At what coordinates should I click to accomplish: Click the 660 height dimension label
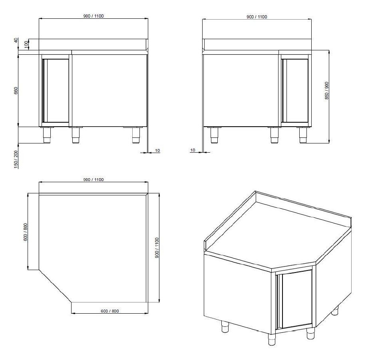click(x=16, y=91)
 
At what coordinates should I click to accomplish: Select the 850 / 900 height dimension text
click(x=326, y=91)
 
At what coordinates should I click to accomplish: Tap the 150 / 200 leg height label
click(x=16, y=159)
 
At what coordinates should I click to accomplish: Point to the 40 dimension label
click(x=16, y=40)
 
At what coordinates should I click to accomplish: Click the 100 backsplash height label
click(x=26, y=43)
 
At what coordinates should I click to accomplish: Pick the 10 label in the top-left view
click(x=157, y=151)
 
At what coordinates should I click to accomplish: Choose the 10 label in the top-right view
click(x=193, y=150)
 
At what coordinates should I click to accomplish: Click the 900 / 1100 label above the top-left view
click(x=93, y=16)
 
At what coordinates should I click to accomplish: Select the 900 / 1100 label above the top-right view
click(x=257, y=17)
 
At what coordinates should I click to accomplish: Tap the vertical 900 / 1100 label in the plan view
click(x=157, y=248)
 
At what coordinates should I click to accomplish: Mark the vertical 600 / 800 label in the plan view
click(x=26, y=232)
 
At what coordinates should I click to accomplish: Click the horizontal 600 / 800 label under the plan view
click(x=110, y=311)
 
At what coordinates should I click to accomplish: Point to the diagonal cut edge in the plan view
click(x=55, y=286)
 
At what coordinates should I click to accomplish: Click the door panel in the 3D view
click(x=296, y=298)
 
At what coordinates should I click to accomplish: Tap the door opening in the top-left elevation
click(x=56, y=91)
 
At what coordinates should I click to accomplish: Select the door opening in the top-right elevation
click(x=295, y=91)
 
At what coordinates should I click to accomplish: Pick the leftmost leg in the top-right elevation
click(x=214, y=135)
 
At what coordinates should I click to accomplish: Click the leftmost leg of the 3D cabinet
click(x=225, y=326)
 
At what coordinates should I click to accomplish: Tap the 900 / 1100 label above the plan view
click(x=93, y=179)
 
